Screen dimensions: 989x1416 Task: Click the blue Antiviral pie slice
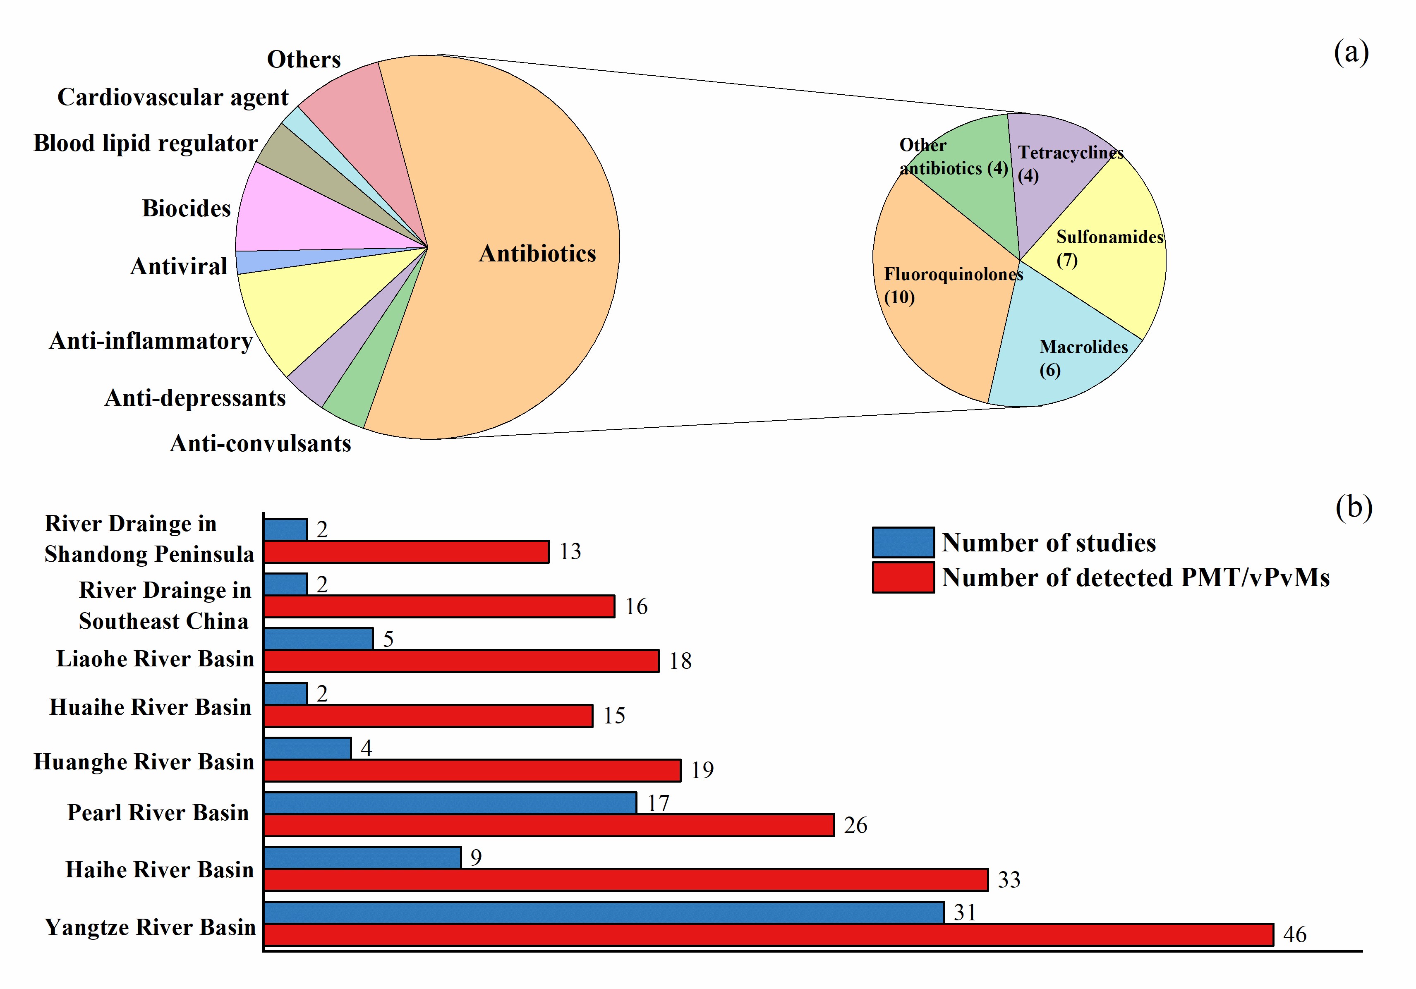(259, 261)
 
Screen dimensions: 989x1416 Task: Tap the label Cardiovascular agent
(173, 98)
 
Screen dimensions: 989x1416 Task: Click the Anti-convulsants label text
(260, 443)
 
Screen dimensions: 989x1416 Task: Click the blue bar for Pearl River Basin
(450, 803)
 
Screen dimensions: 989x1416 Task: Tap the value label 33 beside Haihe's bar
(1009, 880)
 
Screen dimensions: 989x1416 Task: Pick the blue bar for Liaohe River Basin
(318, 638)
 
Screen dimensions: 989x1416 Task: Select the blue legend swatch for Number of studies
(903, 543)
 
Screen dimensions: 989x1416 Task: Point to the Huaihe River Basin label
(151, 707)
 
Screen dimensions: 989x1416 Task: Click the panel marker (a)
(1351, 53)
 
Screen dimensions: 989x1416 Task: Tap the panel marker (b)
(1354, 508)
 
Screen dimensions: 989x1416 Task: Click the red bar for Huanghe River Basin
(472, 770)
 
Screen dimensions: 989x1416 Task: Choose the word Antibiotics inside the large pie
(537, 254)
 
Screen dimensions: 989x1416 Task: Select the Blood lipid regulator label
(146, 143)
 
